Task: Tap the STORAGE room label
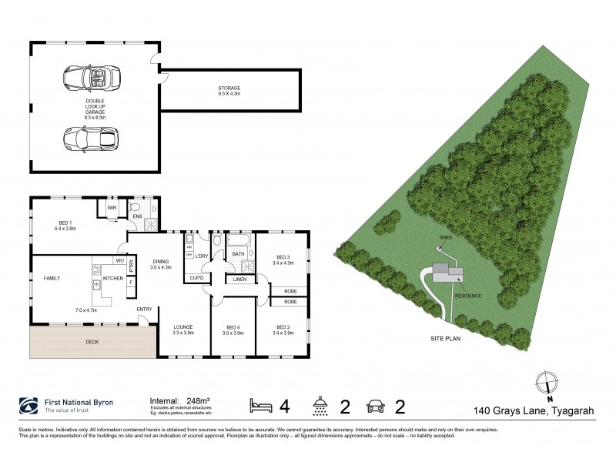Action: (229, 90)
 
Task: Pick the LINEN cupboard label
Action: (239, 279)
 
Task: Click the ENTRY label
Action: (144, 310)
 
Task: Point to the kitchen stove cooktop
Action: (97, 270)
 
